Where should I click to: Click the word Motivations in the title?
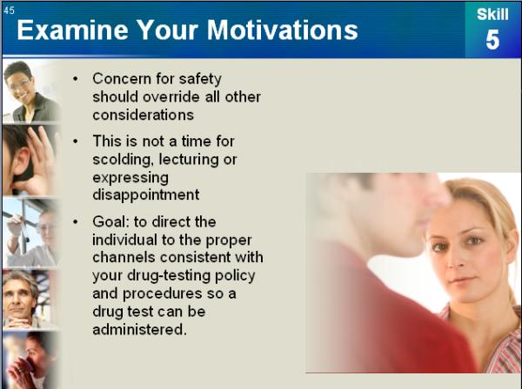[x=282, y=30]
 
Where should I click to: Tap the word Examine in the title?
[x=72, y=30]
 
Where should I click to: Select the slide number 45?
[x=9, y=10]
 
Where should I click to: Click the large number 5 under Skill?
[x=492, y=40]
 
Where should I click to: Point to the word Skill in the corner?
[x=492, y=14]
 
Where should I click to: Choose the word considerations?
[x=144, y=115]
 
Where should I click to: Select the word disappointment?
[x=146, y=195]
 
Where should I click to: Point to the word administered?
[x=139, y=330]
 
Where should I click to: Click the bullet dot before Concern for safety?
[x=76, y=79]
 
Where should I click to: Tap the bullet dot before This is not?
[x=76, y=142]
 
